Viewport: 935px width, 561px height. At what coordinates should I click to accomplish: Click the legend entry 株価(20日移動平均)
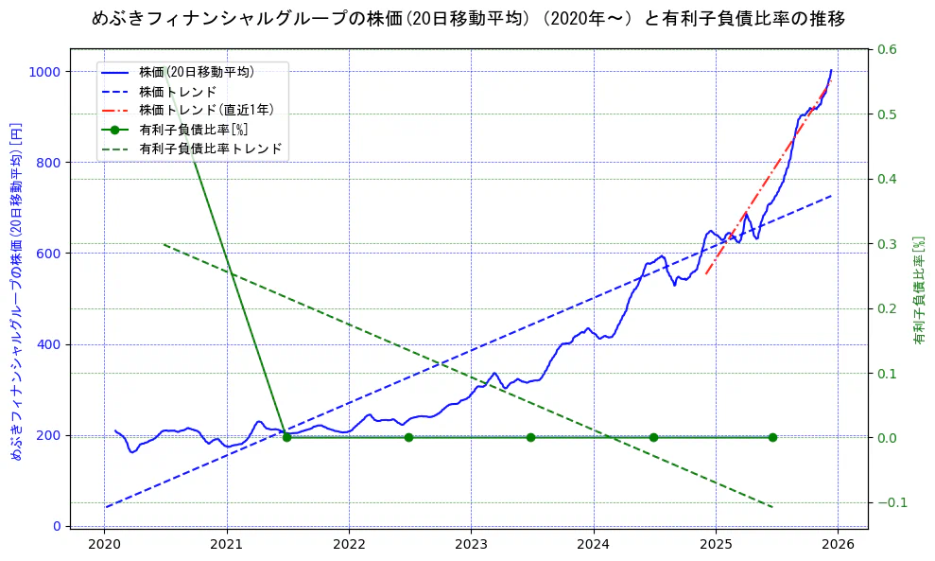[196, 72]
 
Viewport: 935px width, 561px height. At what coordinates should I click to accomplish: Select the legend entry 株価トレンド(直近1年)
[201, 110]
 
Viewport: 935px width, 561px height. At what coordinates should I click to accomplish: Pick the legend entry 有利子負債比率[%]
[194, 130]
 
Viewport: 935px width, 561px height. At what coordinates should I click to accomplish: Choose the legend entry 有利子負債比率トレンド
[210, 149]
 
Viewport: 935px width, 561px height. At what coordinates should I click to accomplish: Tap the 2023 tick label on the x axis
[471, 545]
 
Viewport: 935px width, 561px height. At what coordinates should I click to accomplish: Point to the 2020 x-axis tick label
[104, 545]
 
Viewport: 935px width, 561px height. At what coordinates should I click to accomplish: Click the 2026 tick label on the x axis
[838, 545]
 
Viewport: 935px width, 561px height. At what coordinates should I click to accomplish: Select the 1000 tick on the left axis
[45, 72]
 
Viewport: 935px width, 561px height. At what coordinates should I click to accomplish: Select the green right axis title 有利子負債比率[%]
[919, 290]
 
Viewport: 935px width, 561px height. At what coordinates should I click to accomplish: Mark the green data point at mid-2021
[286, 437]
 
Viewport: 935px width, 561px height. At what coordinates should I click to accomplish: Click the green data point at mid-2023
[530, 437]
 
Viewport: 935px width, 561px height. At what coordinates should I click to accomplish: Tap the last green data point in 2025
[772, 437]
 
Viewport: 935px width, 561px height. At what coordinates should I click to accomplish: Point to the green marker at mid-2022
[408, 437]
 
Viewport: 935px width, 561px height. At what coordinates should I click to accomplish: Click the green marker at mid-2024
[653, 437]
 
